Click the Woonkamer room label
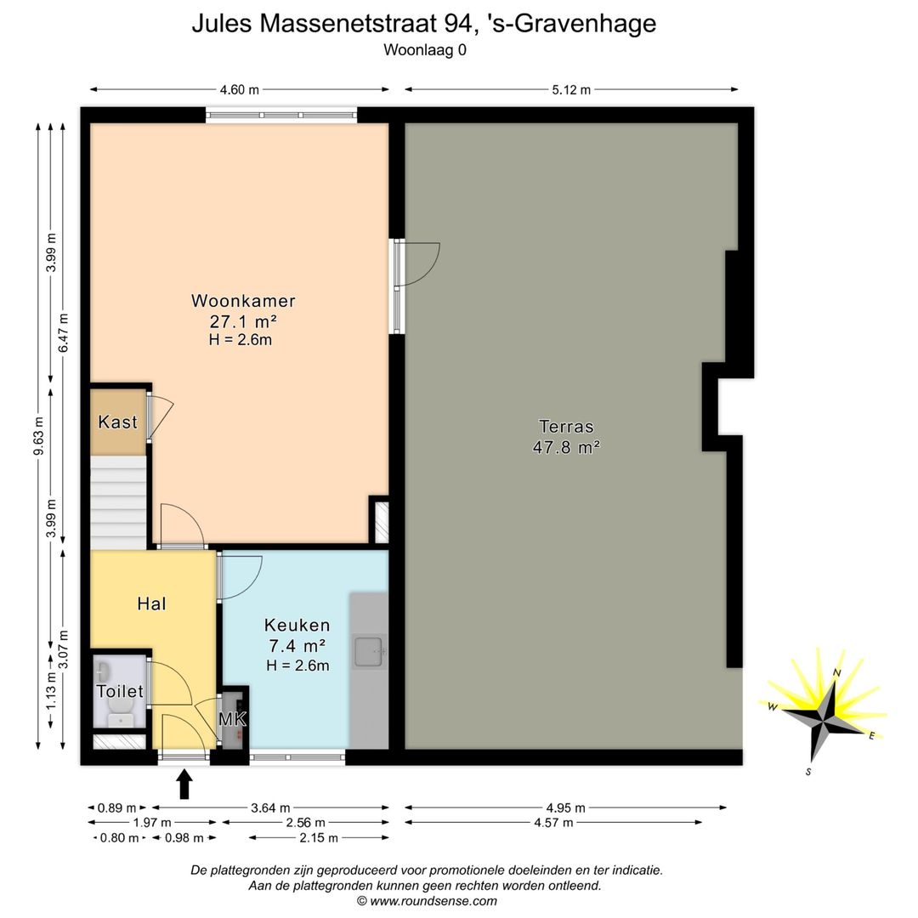click(243, 301)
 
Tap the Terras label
click(566, 427)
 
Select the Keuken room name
click(297, 626)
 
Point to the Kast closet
click(118, 422)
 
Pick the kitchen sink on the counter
click(370, 652)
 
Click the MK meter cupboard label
click(232, 719)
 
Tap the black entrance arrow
click(184, 783)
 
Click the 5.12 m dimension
click(570, 90)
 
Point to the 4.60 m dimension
click(240, 90)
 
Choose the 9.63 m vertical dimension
click(38, 435)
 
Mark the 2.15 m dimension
click(320, 838)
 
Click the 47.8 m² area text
click(566, 447)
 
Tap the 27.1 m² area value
click(243, 321)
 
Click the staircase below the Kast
click(118, 501)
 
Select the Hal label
click(151, 604)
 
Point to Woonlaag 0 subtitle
click(424, 49)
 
